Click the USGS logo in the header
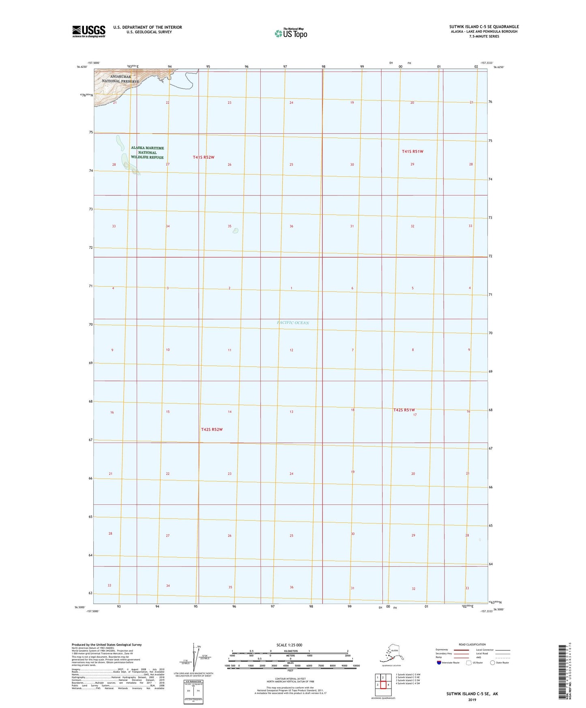coord(88,31)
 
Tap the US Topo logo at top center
coord(290,33)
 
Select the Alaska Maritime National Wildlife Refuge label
coord(147,152)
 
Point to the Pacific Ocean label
coord(293,322)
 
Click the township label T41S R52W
coord(203,157)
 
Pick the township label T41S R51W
coord(412,151)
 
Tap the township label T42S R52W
coord(212,429)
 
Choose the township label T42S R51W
coord(404,410)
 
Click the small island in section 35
coord(235,231)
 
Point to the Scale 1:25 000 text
coord(290,645)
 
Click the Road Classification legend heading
coord(472,644)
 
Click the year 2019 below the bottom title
coord(472,699)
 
